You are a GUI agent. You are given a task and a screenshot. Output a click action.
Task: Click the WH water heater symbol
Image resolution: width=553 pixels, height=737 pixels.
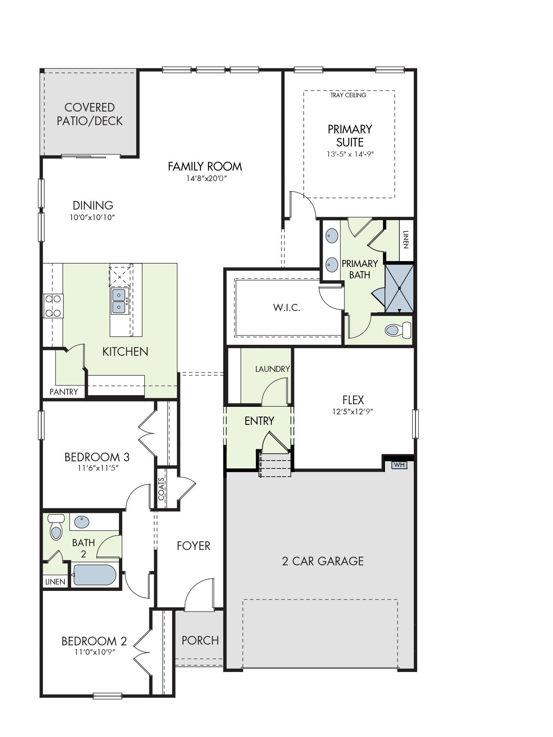(399, 465)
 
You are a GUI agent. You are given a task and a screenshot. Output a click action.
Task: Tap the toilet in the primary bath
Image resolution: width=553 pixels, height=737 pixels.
(398, 330)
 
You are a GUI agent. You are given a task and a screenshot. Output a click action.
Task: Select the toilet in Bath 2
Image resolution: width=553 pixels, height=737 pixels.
(56, 527)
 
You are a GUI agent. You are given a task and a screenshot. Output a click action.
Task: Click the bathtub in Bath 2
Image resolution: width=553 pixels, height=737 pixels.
(95, 575)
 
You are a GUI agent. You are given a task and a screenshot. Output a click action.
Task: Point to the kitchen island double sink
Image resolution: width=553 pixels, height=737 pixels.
(119, 301)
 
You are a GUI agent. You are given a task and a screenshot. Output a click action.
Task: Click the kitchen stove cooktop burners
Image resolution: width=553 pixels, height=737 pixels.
(53, 306)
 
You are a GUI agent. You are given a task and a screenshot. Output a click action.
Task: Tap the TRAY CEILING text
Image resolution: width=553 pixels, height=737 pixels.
(348, 95)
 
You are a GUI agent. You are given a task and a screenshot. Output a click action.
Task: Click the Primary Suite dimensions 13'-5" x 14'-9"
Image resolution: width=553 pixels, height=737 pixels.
(350, 154)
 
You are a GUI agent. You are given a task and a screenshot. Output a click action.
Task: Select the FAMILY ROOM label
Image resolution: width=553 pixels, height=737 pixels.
(205, 166)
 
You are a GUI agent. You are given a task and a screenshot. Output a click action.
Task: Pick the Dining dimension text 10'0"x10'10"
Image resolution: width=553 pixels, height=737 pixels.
(92, 217)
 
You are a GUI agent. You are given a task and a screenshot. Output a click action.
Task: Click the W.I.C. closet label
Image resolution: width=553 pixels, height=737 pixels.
(287, 308)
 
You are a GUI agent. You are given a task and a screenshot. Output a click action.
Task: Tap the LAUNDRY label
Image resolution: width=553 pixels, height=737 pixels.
(272, 369)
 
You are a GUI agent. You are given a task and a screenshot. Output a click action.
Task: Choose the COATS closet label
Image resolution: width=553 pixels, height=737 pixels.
(161, 489)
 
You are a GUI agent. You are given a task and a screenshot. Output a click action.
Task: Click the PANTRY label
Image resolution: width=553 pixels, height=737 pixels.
(64, 392)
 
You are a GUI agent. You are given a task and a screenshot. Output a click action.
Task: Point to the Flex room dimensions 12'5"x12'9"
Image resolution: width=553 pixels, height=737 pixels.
(353, 411)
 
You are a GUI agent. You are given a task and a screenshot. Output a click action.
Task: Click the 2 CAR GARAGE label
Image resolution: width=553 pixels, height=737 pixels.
(323, 561)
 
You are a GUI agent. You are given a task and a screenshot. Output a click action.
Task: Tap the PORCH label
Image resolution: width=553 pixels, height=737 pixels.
(200, 640)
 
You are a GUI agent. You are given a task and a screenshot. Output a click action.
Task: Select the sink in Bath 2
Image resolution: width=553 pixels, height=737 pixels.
(82, 522)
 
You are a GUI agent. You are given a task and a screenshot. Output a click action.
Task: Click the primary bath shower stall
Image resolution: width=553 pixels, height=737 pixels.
(400, 288)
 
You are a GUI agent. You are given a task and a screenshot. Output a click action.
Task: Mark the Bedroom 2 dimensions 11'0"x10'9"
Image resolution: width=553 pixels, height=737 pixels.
(95, 652)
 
